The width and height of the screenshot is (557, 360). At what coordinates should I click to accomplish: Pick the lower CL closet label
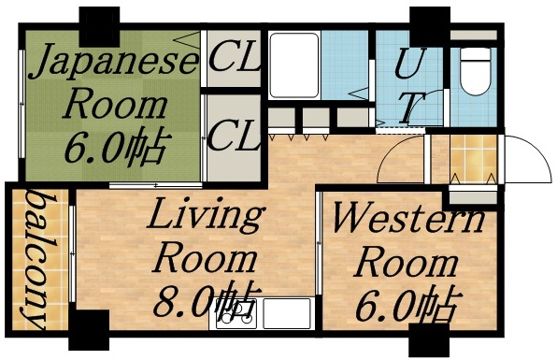(234, 138)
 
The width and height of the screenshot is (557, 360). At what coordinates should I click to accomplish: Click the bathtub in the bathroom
(293, 65)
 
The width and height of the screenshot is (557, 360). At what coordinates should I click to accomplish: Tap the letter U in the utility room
(406, 65)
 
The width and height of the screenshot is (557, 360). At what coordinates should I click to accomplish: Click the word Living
(207, 217)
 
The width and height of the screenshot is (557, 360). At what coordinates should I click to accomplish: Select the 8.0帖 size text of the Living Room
(208, 301)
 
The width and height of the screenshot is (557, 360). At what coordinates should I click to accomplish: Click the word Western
(408, 223)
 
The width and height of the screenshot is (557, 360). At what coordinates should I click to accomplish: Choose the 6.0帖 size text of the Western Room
(409, 305)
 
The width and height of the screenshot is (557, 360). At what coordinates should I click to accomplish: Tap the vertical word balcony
(37, 263)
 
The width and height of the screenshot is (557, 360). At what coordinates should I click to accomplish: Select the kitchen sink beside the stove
(286, 314)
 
